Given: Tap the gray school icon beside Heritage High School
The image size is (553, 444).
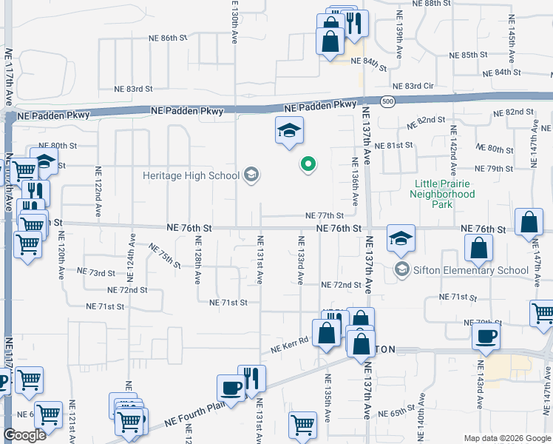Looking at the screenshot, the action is (251, 175).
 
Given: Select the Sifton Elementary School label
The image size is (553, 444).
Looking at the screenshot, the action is (471, 269).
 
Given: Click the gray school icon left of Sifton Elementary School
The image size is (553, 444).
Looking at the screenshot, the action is (402, 269).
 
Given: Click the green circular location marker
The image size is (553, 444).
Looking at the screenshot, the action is (308, 164).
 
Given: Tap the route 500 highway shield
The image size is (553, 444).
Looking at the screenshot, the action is (387, 101).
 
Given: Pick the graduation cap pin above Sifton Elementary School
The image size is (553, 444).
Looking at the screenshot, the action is (401, 238).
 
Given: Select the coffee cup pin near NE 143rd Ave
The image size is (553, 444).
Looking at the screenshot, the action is (486, 336).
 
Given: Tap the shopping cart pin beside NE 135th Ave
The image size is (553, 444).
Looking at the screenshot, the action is (303, 424).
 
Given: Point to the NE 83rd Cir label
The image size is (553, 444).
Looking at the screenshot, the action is (413, 87).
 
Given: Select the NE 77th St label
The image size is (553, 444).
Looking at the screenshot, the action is (325, 215).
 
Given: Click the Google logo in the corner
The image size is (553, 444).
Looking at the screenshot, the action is (24, 436).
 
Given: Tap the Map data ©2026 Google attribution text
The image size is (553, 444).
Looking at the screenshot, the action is (507, 438).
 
